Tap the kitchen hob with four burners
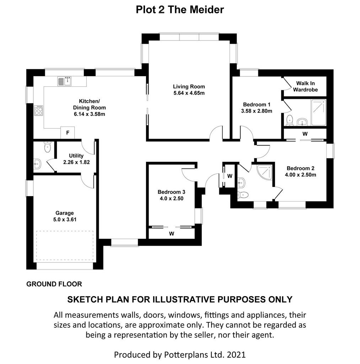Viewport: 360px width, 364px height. coord(38,111)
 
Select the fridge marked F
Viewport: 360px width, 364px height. coord(68,133)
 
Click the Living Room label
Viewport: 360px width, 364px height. coord(189,87)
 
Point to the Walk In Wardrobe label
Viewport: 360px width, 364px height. coord(305,86)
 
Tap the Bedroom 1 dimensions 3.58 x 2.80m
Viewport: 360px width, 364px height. coord(257,111)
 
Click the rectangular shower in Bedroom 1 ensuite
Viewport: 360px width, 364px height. coord(319,112)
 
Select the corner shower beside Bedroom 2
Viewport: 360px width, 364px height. coord(265,172)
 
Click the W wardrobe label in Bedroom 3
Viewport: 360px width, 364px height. coord(172,234)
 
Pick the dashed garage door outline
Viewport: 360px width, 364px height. coord(65,245)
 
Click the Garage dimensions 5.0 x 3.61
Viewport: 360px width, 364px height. coord(65,219)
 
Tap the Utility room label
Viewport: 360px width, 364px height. coord(76,156)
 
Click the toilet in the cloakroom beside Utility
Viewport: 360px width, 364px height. coord(47,147)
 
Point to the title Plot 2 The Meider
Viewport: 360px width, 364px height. coord(180,10)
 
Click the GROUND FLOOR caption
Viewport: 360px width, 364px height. coord(54,284)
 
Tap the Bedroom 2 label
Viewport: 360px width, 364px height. coord(300,168)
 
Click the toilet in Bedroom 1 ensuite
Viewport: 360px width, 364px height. coord(289,120)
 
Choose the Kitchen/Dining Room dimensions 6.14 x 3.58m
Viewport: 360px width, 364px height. coord(89,114)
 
